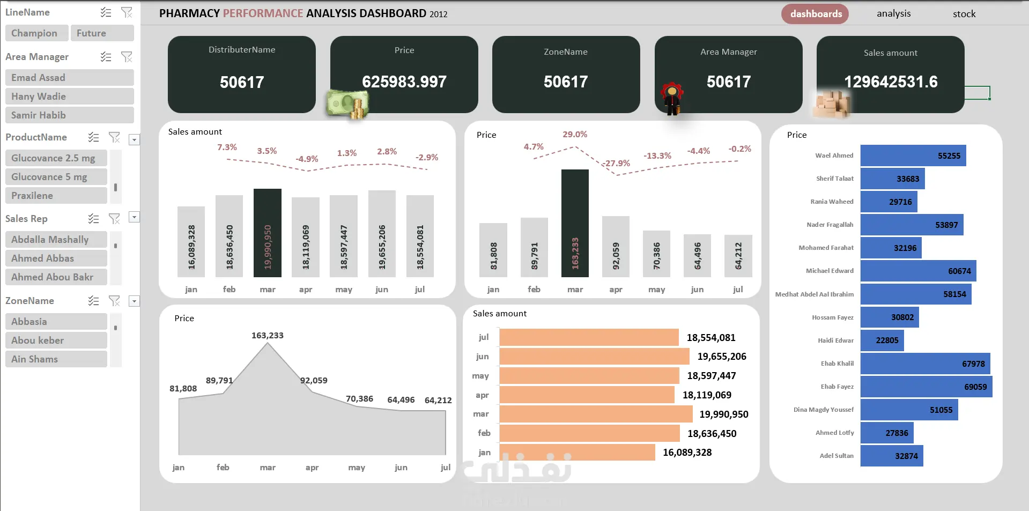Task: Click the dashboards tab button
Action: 815,14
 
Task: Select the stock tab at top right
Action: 964,14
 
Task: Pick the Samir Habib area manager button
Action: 70,115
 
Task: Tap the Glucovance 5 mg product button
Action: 56,177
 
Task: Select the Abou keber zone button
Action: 56,340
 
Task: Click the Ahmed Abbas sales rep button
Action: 56,258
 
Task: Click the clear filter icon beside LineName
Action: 127,12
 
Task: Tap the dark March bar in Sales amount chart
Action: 268,233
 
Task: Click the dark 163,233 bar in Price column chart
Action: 575,223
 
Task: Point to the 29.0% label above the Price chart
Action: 575,135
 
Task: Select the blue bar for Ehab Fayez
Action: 927,387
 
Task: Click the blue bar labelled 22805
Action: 882,340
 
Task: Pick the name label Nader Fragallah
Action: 830,225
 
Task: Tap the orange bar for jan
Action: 578,453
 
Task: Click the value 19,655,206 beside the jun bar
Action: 722,357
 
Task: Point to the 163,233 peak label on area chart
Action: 268,336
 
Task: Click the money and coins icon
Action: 347,103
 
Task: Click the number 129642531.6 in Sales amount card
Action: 891,82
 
